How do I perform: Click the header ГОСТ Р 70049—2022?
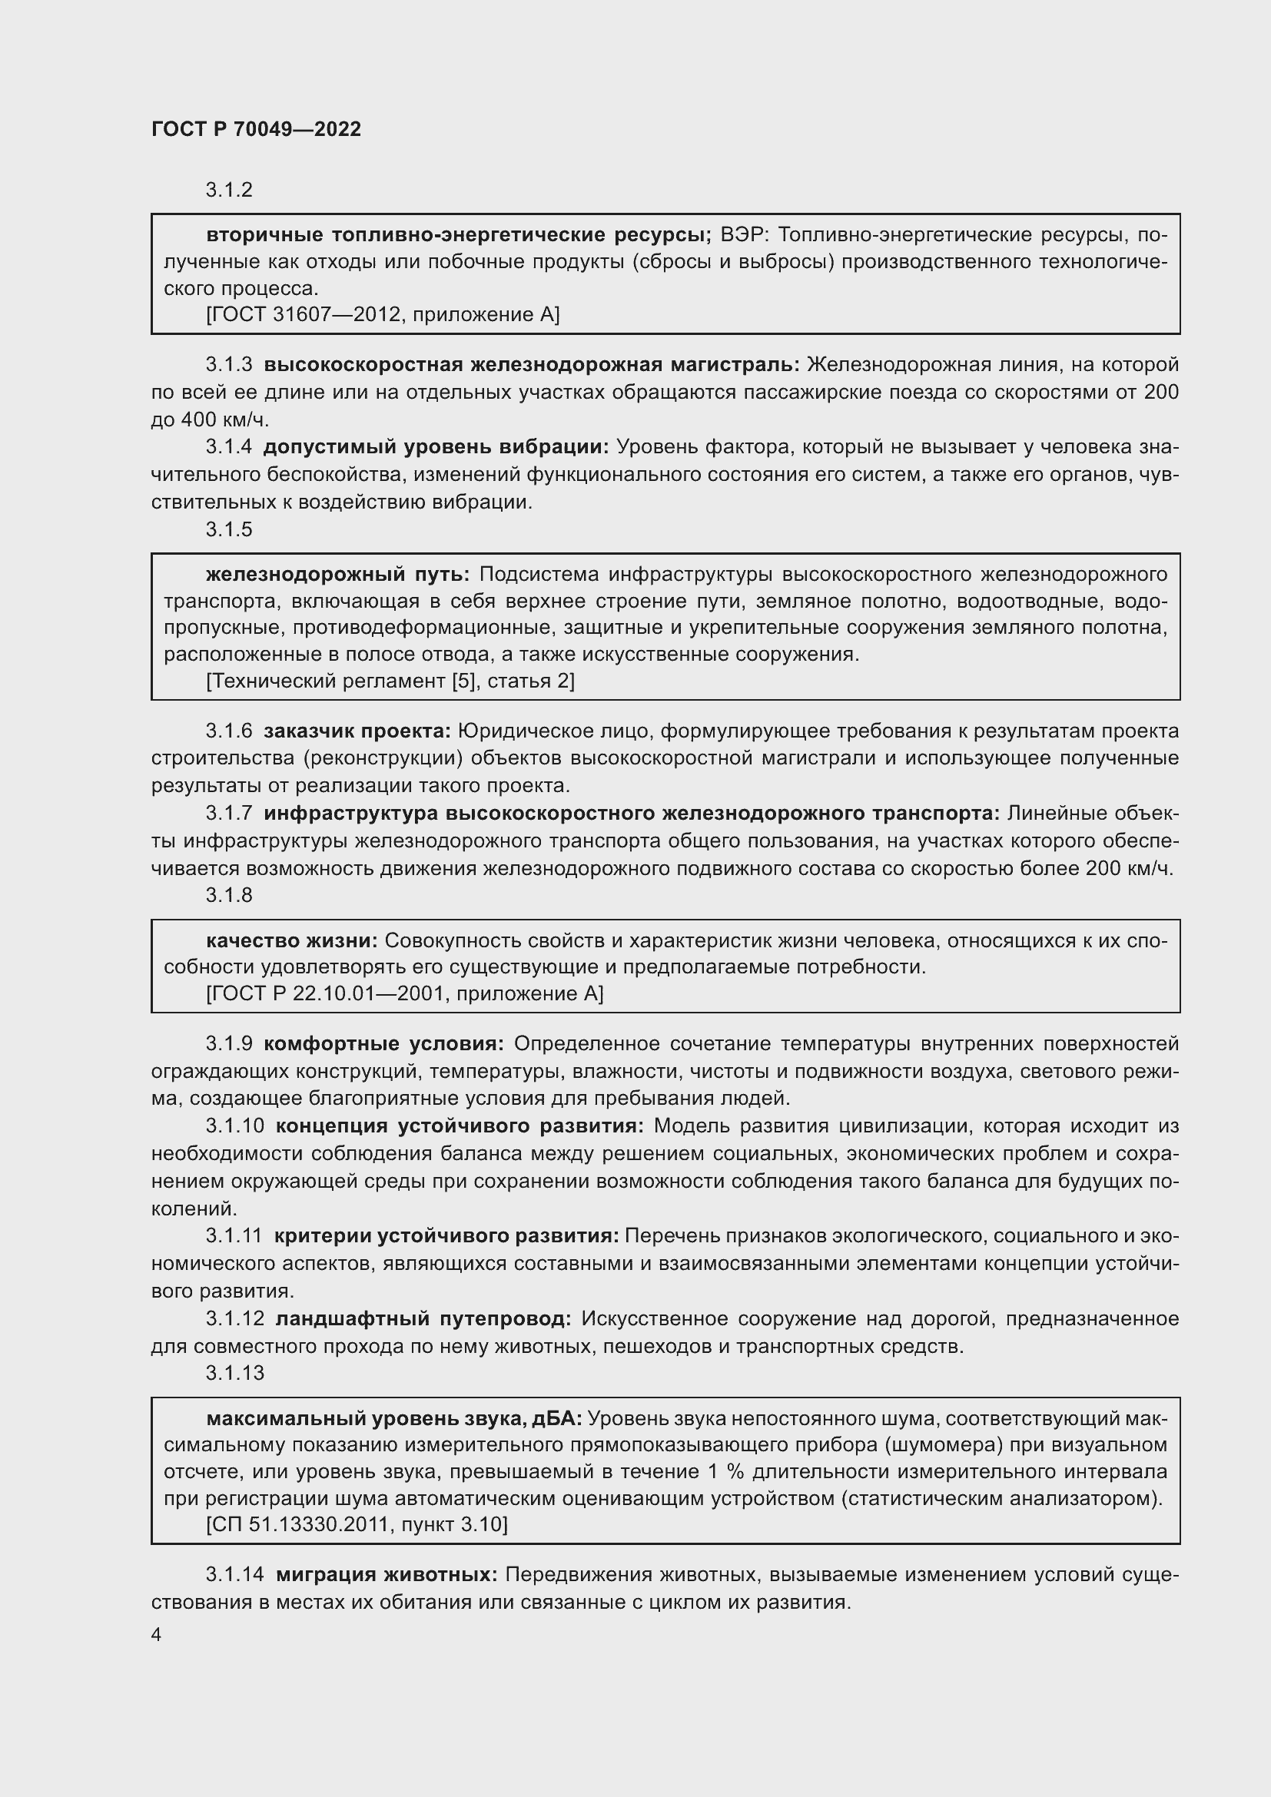click(x=256, y=129)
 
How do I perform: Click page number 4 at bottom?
click(x=157, y=1635)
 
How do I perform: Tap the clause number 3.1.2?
click(x=228, y=191)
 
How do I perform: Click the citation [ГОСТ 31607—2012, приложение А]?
click(x=383, y=315)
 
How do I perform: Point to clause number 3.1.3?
click(x=228, y=365)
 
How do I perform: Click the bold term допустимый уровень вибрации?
click(x=435, y=447)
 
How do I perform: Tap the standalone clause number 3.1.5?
click(x=228, y=529)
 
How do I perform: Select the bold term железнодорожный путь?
click(x=337, y=575)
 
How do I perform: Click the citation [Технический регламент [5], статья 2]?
click(x=390, y=681)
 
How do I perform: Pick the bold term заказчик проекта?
click(x=357, y=731)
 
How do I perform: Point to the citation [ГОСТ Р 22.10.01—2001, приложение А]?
click(x=405, y=994)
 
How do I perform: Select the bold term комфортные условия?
click(x=383, y=1044)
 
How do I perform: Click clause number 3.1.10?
click(x=235, y=1126)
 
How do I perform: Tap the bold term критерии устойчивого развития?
click(x=446, y=1236)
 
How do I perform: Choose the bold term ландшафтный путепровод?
click(x=423, y=1319)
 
